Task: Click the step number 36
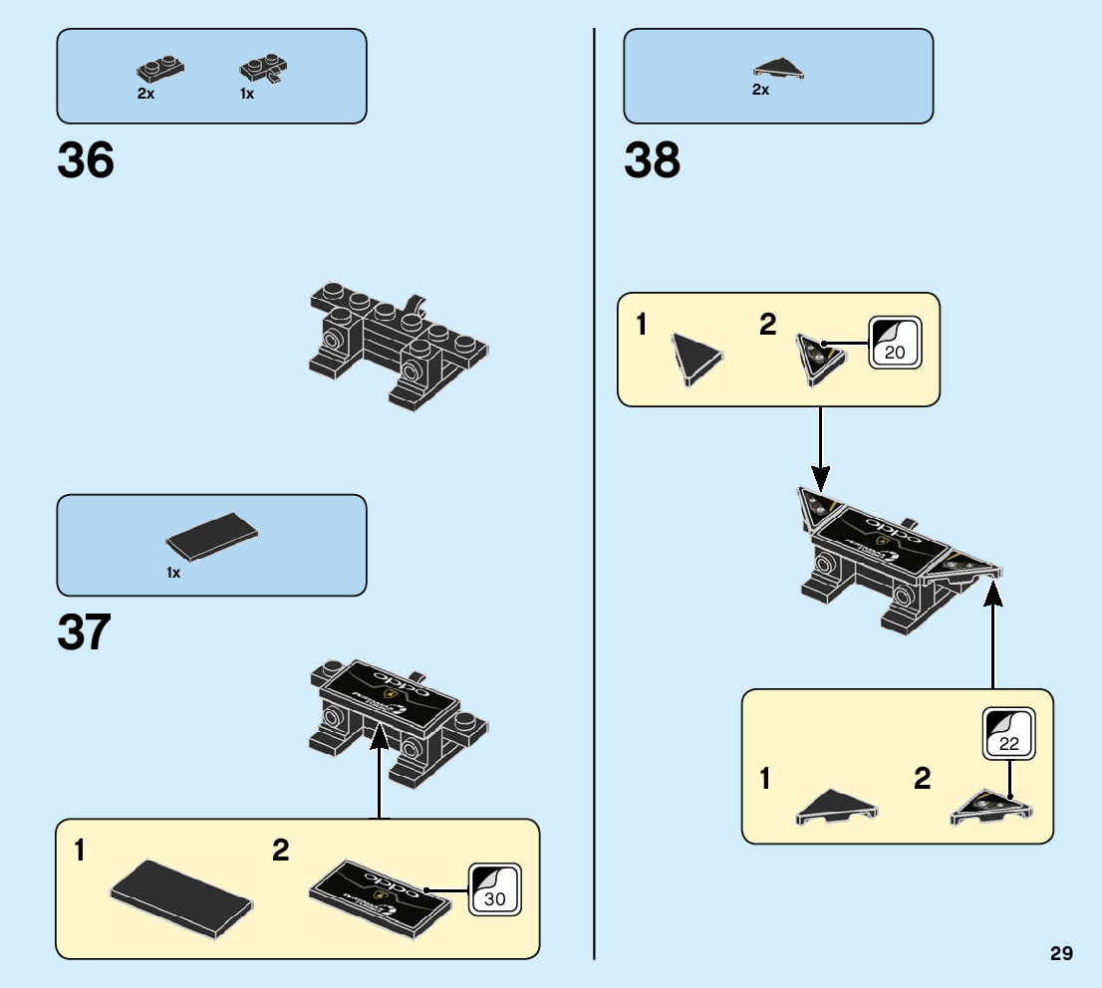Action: [86, 160]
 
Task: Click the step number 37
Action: [84, 632]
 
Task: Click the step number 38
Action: [652, 160]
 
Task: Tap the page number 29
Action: [1061, 954]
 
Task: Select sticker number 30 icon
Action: [494, 889]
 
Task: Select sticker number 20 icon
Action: [893, 344]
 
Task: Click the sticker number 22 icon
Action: [1008, 733]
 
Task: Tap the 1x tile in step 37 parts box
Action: [212, 539]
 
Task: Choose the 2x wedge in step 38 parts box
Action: [779, 69]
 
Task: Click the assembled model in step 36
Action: [399, 344]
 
